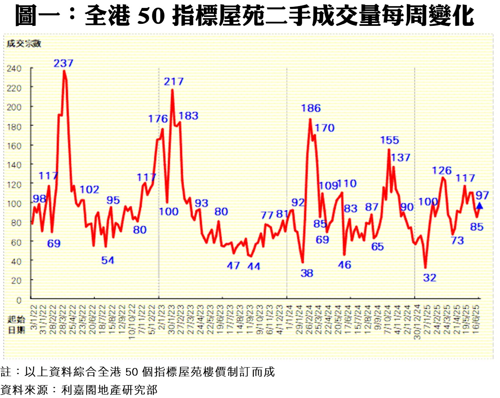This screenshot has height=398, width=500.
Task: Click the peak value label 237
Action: [x=63, y=63]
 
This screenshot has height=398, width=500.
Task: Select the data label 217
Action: [x=174, y=82]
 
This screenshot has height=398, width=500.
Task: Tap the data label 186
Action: [x=311, y=108]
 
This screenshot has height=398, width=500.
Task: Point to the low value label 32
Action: [x=430, y=278]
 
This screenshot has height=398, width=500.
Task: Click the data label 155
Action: [x=389, y=140]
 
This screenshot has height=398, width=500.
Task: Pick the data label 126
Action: [x=441, y=170]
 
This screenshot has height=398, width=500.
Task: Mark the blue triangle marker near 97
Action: [x=479, y=206]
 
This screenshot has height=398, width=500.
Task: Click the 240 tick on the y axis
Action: [x=14, y=69]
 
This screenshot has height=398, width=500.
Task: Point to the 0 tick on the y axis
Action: [x=19, y=300]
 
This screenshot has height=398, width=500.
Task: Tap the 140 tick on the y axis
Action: [x=14, y=165]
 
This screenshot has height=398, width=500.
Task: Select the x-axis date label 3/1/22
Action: [x=34, y=317]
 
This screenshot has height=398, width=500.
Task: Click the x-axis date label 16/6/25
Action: [x=476, y=319]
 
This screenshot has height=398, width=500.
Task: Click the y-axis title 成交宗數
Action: [x=24, y=44]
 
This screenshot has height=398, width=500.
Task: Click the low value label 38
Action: [x=307, y=273]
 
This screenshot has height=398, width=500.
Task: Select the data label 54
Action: [x=107, y=260]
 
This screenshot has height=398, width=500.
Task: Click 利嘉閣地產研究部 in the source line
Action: [x=109, y=390]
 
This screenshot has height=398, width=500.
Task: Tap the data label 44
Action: [x=254, y=266]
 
